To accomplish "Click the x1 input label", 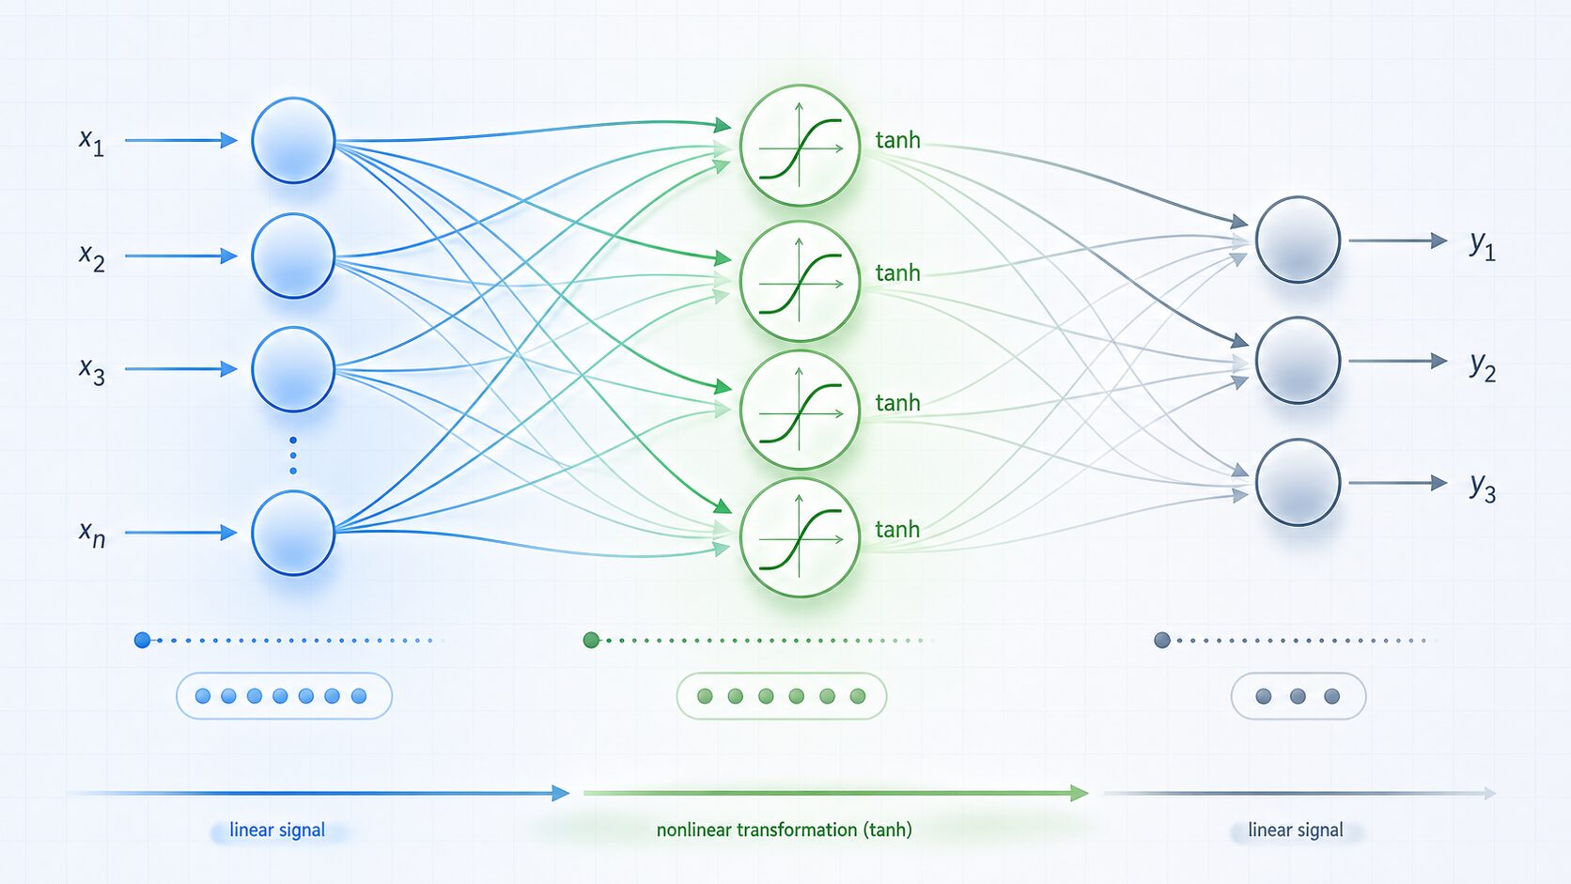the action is (x=91, y=142).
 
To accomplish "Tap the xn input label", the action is (x=92, y=534).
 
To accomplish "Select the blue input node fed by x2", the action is (x=293, y=256).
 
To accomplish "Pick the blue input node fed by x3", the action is (x=293, y=369).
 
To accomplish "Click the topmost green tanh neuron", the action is (x=801, y=145).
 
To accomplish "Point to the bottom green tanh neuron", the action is (x=801, y=537).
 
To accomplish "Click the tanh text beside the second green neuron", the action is (x=897, y=272).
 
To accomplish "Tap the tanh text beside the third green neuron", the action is (x=897, y=402).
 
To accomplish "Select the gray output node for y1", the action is (x=1299, y=240).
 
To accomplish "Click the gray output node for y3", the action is (x=1299, y=482).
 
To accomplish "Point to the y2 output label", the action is (x=1483, y=365).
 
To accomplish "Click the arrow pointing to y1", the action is (x=1398, y=240).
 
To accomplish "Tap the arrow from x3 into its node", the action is (x=181, y=369).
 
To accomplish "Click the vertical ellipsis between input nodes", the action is (x=293, y=456).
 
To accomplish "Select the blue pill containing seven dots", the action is (x=284, y=695).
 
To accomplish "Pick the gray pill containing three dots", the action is (x=1299, y=695).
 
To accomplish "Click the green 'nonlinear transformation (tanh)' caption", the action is (x=785, y=830).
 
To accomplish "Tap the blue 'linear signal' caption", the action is (x=277, y=830).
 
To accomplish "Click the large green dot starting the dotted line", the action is (x=591, y=640).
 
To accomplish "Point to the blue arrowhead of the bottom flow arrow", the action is (x=560, y=794).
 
